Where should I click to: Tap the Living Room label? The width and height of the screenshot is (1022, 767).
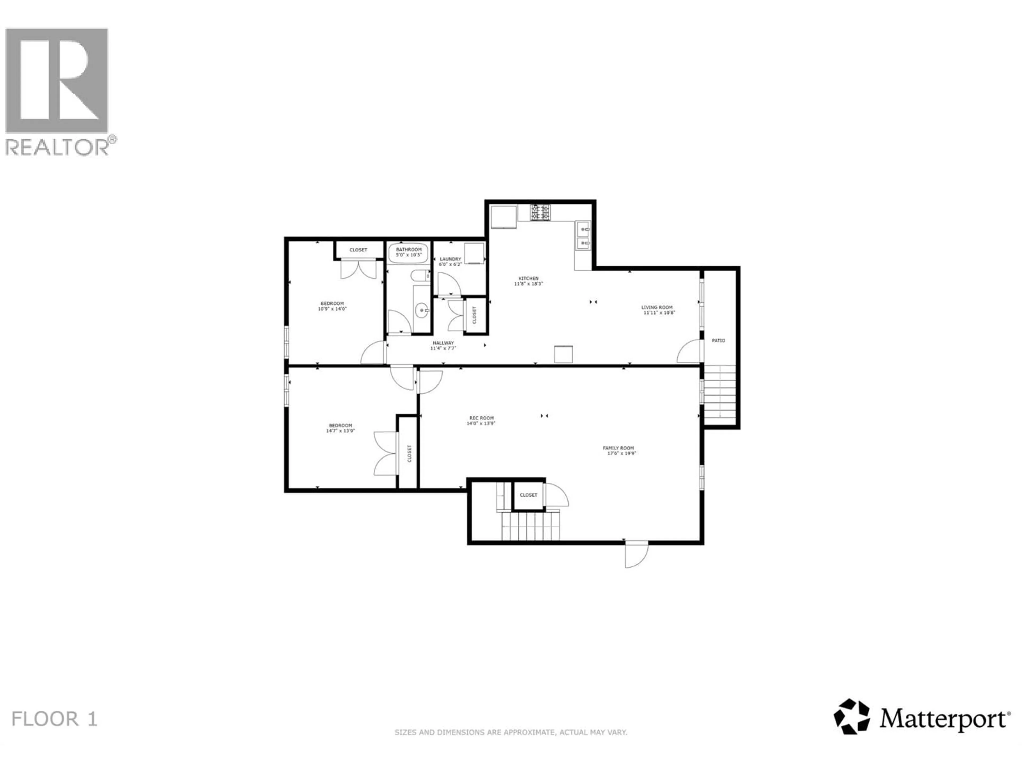(657, 307)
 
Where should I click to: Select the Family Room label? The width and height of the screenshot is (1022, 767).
(618, 448)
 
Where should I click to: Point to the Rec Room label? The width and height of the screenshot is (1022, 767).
(481, 418)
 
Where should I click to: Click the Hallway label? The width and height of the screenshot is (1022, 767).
(443, 343)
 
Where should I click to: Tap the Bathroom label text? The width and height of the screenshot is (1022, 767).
(409, 250)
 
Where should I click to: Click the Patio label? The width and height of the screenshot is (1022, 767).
(718, 341)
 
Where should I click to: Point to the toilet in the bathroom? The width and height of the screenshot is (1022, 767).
(421, 276)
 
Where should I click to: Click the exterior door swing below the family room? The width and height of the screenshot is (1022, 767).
(636, 555)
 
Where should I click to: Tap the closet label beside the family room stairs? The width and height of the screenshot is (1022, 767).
(529, 495)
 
